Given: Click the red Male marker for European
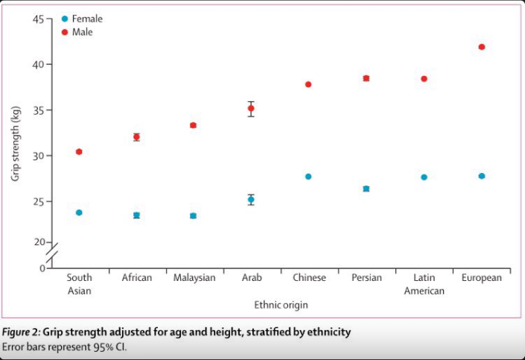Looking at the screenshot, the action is pyautogui.click(x=482, y=47).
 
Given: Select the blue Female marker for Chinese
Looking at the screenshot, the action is pyautogui.click(x=308, y=177).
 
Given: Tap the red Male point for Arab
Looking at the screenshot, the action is pyautogui.click(x=251, y=108).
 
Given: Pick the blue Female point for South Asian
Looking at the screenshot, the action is pyautogui.click(x=79, y=212).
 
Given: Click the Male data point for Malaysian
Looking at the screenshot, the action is pyautogui.click(x=193, y=125).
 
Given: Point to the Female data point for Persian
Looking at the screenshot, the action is pyautogui.click(x=366, y=189).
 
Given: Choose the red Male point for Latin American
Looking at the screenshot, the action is pyautogui.click(x=424, y=79).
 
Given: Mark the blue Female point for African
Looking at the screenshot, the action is pyautogui.click(x=136, y=215).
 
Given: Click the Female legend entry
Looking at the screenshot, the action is pyautogui.click(x=82, y=19).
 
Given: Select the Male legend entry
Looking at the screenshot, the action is pyautogui.click(x=77, y=32).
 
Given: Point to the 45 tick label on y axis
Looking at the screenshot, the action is pyautogui.click(x=38, y=19).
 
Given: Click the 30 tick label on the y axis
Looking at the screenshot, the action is pyautogui.click(x=38, y=156).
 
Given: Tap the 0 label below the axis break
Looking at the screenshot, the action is pyautogui.click(x=42, y=268).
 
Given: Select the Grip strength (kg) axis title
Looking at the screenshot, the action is pyautogui.click(x=16, y=143).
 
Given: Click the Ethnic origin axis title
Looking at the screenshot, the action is pyautogui.click(x=281, y=305).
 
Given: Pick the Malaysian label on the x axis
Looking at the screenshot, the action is pyautogui.click(x=194, y=277).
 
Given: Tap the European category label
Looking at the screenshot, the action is pyautogui.click(x=482, y=277).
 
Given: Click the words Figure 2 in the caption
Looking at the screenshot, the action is pyautogui.click(x=21, y=332).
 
